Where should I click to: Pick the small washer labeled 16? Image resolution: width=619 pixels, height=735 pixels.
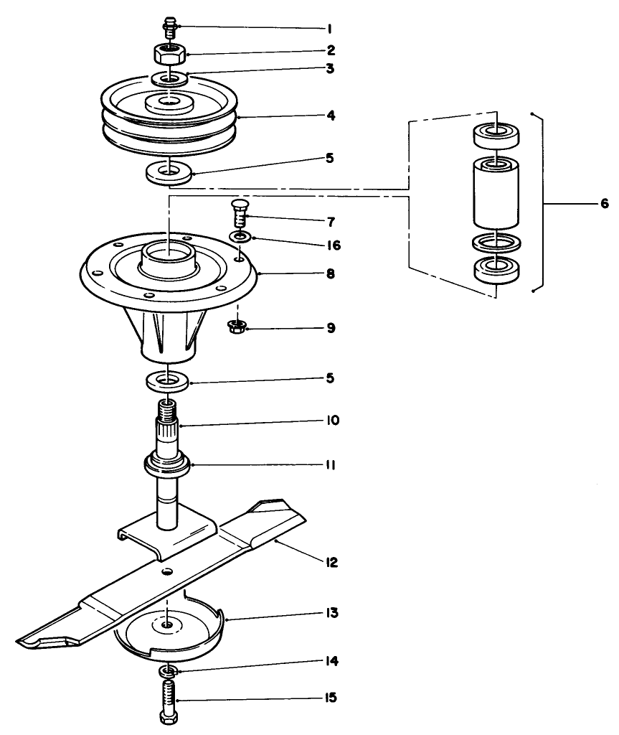pyautogui.click(x=240, y=236)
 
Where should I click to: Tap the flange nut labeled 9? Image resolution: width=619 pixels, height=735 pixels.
pyautogui.click(x=236, y=327)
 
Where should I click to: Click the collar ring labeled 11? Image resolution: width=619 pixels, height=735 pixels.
pyautogui.click(x=169, y=464)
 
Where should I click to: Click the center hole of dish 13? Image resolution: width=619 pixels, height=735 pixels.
pyautogui.click(x=167, y=626)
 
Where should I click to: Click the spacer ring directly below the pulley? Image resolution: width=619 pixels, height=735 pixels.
pyautogui.click(x=168, y=172)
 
